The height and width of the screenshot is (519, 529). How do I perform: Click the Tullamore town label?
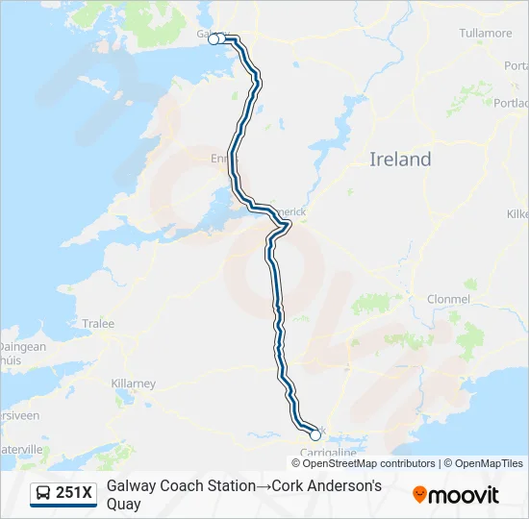(486, 33)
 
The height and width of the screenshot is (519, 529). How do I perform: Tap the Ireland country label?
(400, 160)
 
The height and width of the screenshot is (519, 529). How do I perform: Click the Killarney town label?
(133, 383)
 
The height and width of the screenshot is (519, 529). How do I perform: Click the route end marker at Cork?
(315, 435)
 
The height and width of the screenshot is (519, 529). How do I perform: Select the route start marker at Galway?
(214, 39)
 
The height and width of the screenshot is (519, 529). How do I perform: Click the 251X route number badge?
(63, 494)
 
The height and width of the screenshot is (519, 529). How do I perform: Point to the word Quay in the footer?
(124, 505)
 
